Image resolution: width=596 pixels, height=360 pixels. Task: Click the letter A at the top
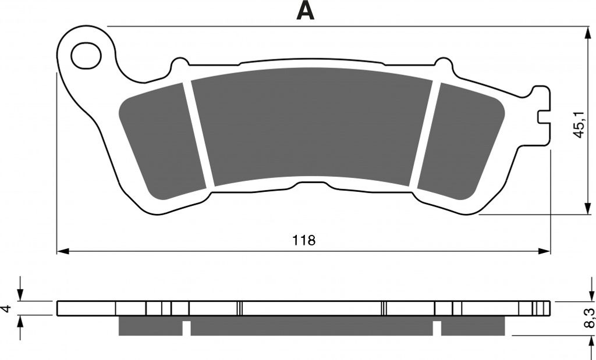305,10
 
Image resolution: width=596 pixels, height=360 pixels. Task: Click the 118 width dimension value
304,240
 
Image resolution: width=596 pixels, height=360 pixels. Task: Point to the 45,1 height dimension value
579,125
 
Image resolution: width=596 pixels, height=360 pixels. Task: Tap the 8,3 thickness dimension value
589,318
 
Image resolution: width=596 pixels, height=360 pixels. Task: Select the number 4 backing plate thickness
6,308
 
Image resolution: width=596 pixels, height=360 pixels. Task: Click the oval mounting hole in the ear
86,56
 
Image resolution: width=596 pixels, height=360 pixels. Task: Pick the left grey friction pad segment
162,142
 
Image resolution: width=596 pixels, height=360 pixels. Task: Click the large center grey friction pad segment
312,126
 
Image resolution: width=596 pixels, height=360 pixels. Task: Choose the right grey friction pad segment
461,141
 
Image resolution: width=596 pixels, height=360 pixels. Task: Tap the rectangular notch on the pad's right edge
544,117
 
